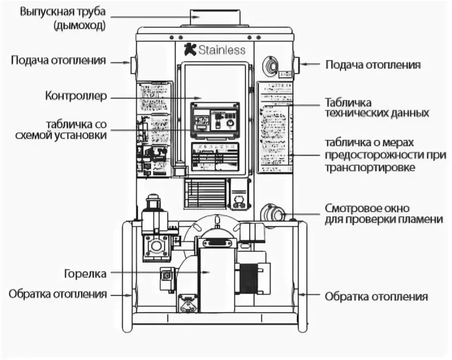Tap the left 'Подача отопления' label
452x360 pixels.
59,61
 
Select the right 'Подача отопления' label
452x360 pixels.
373,65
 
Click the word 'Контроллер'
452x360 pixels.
75,96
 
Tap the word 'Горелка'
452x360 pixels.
85,274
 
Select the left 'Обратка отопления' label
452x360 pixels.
58,295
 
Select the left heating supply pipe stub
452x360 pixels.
135,64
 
